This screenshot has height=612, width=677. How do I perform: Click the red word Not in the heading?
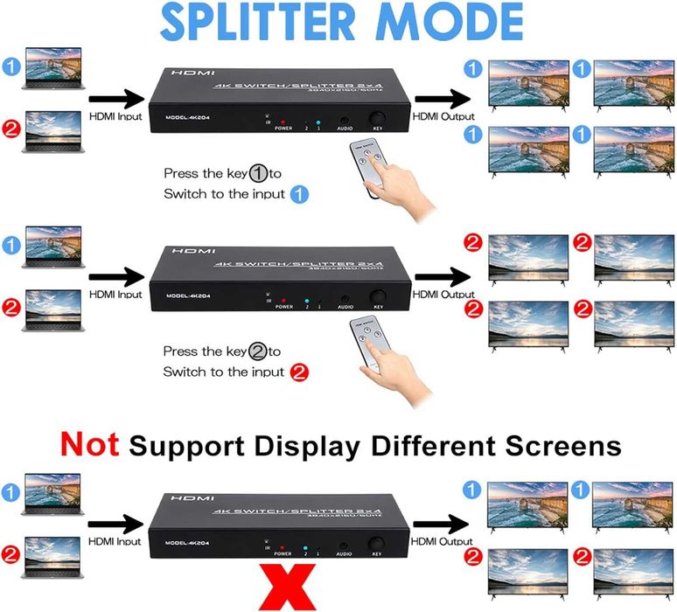[x=89, y=445]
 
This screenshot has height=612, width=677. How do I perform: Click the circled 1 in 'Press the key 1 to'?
[x=258, y=172]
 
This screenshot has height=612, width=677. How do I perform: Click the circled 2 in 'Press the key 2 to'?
[x=257, y=351]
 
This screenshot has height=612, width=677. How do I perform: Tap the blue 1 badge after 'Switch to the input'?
[x=299, y=194]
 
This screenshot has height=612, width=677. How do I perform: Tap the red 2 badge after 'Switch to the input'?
[x=299, y=372]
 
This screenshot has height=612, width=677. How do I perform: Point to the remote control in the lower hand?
[x=368, y=341]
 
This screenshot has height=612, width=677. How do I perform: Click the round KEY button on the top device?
[x=378, y=120]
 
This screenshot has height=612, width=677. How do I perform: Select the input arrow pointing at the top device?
[x=114, y=99]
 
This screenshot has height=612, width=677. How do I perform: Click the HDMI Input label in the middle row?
[x=115, y=295]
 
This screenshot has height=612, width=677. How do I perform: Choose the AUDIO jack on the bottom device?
[x=345, y=543]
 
